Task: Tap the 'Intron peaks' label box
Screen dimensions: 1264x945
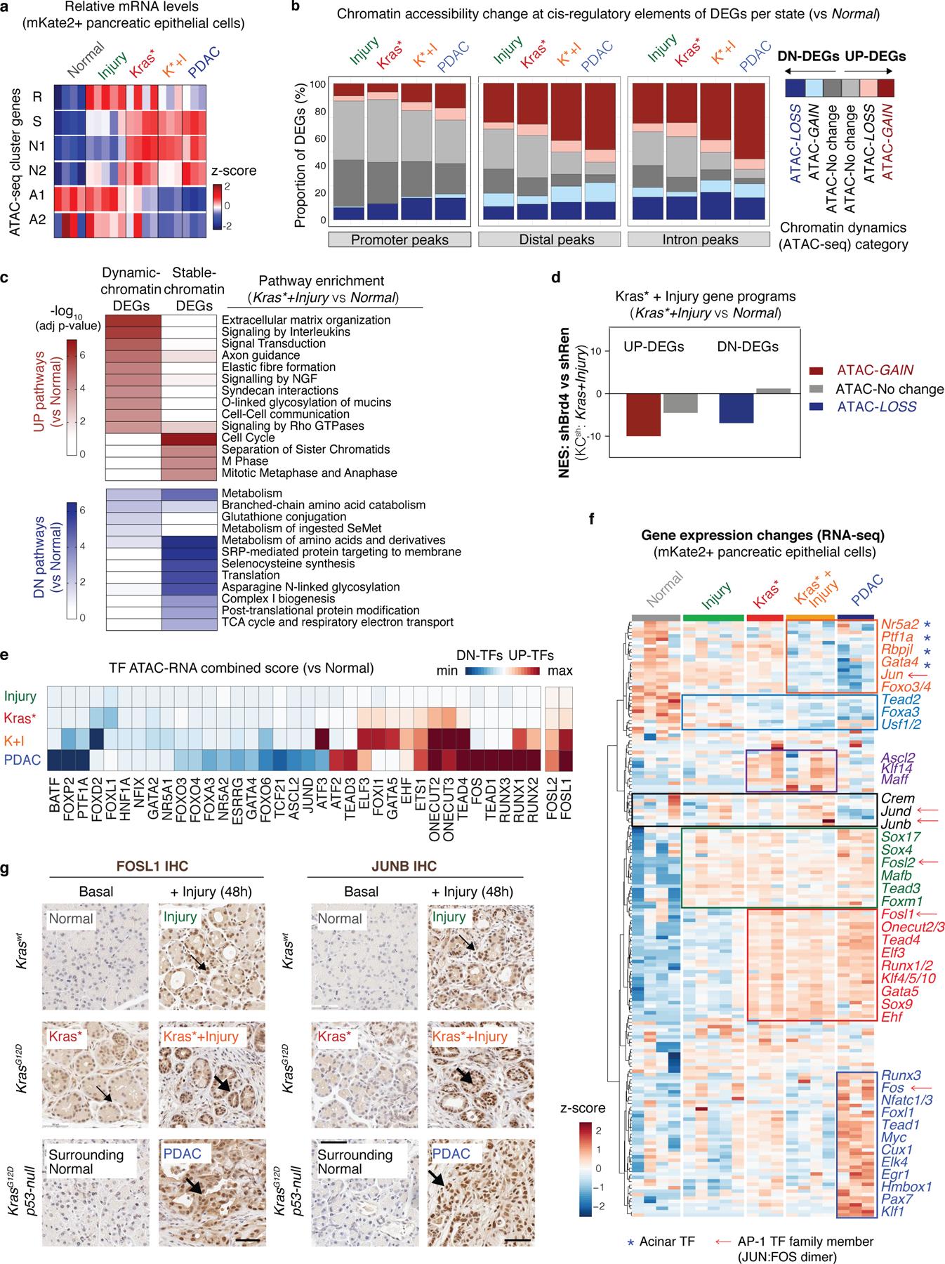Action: [x=700, y=239]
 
